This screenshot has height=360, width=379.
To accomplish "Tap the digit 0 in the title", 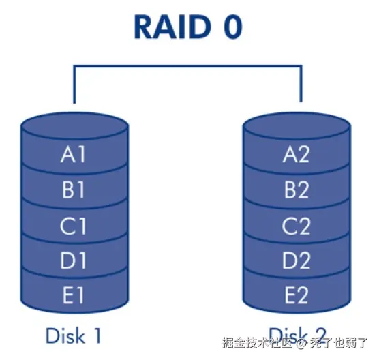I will (x=230, y=27).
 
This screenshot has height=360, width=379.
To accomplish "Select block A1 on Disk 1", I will (x=74, y=155).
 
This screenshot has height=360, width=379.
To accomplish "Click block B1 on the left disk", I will (x=74, y=190).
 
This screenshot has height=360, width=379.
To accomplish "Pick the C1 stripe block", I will (x=74, y=226).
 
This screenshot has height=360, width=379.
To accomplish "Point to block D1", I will (x=74, y=260).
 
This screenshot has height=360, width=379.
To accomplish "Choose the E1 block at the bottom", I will (x=74, y=295).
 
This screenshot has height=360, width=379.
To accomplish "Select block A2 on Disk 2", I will (x=297, y=155).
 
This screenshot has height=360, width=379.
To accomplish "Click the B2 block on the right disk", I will (x=297, y=190).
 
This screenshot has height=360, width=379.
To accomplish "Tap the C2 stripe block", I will (x=297, y=226).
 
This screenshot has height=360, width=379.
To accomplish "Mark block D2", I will (x=297, y=260).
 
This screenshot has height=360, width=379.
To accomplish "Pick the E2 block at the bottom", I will (x=297, y=295).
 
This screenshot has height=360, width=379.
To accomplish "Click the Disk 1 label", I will (x=74, y=335).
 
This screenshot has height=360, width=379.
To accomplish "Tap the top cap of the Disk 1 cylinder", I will (x=74, y=125).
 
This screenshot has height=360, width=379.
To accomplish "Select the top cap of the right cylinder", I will (x=297, y=125).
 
